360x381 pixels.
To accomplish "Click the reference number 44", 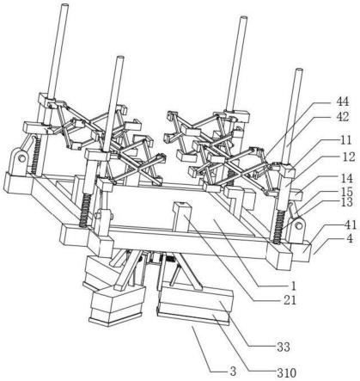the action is point(342,101).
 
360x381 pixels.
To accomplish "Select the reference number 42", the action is point(342,117).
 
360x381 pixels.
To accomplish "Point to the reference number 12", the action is point(349,157).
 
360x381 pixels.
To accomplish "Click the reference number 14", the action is point(347,179).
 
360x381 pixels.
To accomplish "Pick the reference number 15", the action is point(347,191).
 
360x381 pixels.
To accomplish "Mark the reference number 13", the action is point(347,202).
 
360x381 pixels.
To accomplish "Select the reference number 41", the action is point(351,225).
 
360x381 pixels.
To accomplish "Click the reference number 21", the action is point(290,300).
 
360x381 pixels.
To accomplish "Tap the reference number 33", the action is point(284,347).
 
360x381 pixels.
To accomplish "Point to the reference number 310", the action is point(286,373).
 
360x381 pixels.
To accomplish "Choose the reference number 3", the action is point(234,372).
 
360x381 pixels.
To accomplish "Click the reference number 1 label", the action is point(293,286).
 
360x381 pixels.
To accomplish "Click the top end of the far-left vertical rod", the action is point(64,6).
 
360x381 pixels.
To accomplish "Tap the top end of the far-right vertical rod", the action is point(299,71).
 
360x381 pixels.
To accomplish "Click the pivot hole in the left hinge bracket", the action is point(20,157).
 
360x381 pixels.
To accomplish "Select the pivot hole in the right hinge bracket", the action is point(299,226).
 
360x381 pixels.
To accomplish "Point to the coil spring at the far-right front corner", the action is point(278,227).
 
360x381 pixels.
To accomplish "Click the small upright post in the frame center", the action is point(181,217).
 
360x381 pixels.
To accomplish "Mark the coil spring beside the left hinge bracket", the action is point(35,155).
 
